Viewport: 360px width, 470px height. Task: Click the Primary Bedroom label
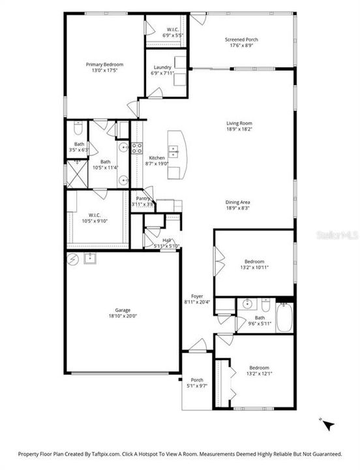click(x=105, y=64)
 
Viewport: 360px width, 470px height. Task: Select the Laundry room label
click(x=162, y=67)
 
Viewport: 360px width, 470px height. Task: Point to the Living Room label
click(x=239, y=123)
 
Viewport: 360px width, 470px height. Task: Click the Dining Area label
click(x=239, y=202)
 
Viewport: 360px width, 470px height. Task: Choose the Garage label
click(x=123, y=309)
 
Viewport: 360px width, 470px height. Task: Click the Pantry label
click(x=142, y=198)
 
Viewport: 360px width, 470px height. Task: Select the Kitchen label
click(x=157, y=158)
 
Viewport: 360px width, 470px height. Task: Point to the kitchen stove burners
click(x=138, y=148)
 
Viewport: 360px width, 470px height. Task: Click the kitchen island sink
click(x=173, y=151)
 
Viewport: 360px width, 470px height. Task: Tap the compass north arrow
click(x=328, y=424)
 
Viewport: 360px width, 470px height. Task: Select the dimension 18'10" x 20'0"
click(x=123, y=316)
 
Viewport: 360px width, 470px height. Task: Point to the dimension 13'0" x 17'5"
click(x=105, y=70)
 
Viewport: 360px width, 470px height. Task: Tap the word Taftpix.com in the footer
click(x=106, y=453)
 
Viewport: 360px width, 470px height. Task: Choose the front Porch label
click(x=196, y=380)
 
